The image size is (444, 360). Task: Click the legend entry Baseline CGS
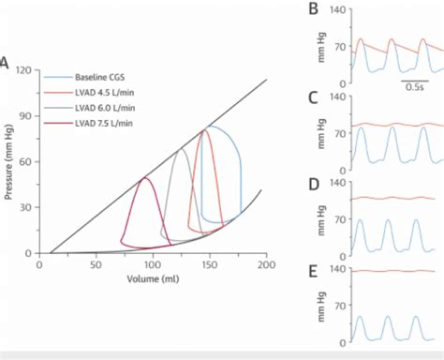tap(99, 75)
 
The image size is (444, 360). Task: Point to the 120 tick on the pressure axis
tap(24, 70)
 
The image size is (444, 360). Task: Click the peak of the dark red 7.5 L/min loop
tap(143, 178)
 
